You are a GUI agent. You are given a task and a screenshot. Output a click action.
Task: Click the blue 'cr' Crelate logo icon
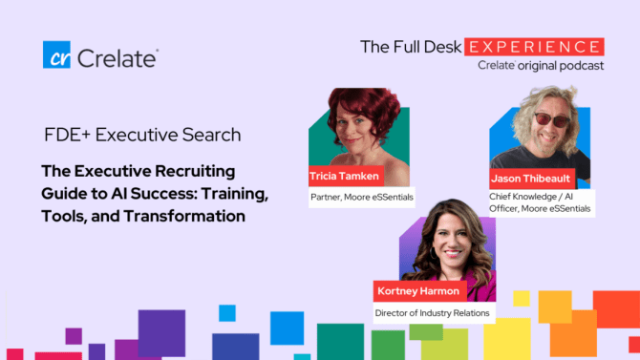tap(56, 54)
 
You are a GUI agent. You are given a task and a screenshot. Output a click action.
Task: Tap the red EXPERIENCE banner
tap(534, 47)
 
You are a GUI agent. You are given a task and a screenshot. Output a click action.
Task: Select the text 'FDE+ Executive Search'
tap(142, 135)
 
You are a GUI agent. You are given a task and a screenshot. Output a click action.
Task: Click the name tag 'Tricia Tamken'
tap(346, 176)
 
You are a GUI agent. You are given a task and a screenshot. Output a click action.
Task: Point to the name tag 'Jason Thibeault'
tap(532, 179)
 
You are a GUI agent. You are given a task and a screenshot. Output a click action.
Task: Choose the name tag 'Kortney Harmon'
tap(419, 291)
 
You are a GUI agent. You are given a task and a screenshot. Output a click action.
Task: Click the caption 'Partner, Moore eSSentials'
tap(362, 197)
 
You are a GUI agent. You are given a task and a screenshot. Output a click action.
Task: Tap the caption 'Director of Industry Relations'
tap(433, 313)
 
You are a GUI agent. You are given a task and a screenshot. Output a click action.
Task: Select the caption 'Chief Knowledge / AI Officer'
tap(540, 202)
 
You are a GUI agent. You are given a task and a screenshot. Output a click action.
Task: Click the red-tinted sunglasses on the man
tap(552, 119)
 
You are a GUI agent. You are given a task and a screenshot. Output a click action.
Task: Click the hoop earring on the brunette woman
tap(434, 253)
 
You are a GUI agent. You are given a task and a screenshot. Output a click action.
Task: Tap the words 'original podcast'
tap(561, 66)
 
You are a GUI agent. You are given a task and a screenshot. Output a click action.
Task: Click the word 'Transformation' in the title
tap(184, 216)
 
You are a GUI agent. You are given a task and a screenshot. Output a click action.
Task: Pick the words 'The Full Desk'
tap(411, 47)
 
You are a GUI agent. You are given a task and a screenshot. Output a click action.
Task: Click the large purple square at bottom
tap(161, 333)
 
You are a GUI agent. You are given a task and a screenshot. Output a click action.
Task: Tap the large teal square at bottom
tap(340, 342)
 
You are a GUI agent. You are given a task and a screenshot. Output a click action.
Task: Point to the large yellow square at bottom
tap(507, 339)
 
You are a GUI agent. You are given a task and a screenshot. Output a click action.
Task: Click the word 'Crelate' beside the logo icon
tap(117, 58)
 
